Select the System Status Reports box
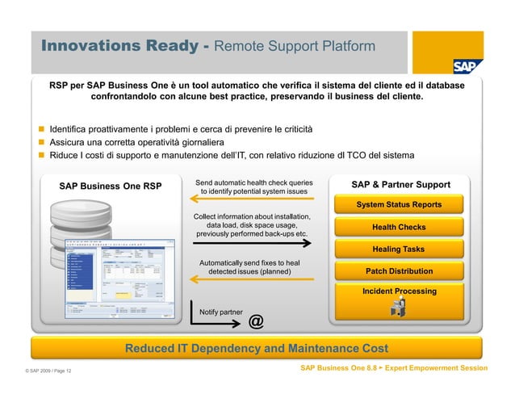click(399, 205)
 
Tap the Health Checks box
click(399, 227)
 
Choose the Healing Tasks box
click(399, 249)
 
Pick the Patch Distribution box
click(399, 271)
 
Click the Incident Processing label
click(399, 291)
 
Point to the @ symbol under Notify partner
click(256, 322)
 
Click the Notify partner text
click(220, 311)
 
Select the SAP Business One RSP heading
click(110, 187)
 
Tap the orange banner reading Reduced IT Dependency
click(257, 349)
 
